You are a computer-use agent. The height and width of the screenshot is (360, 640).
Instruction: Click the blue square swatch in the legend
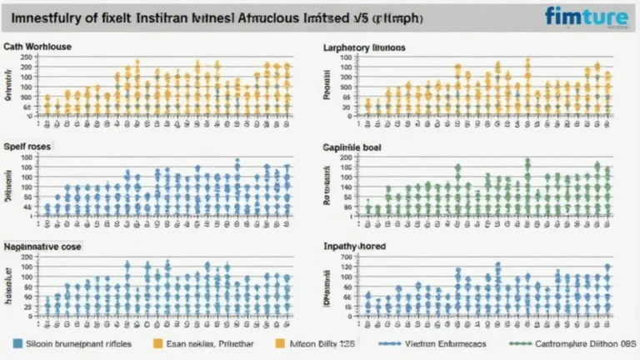point(17,342)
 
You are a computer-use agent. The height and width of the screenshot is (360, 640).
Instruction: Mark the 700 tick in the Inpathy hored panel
point(347,259)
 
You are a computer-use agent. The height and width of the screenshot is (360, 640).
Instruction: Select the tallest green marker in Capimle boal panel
point(527,161)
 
